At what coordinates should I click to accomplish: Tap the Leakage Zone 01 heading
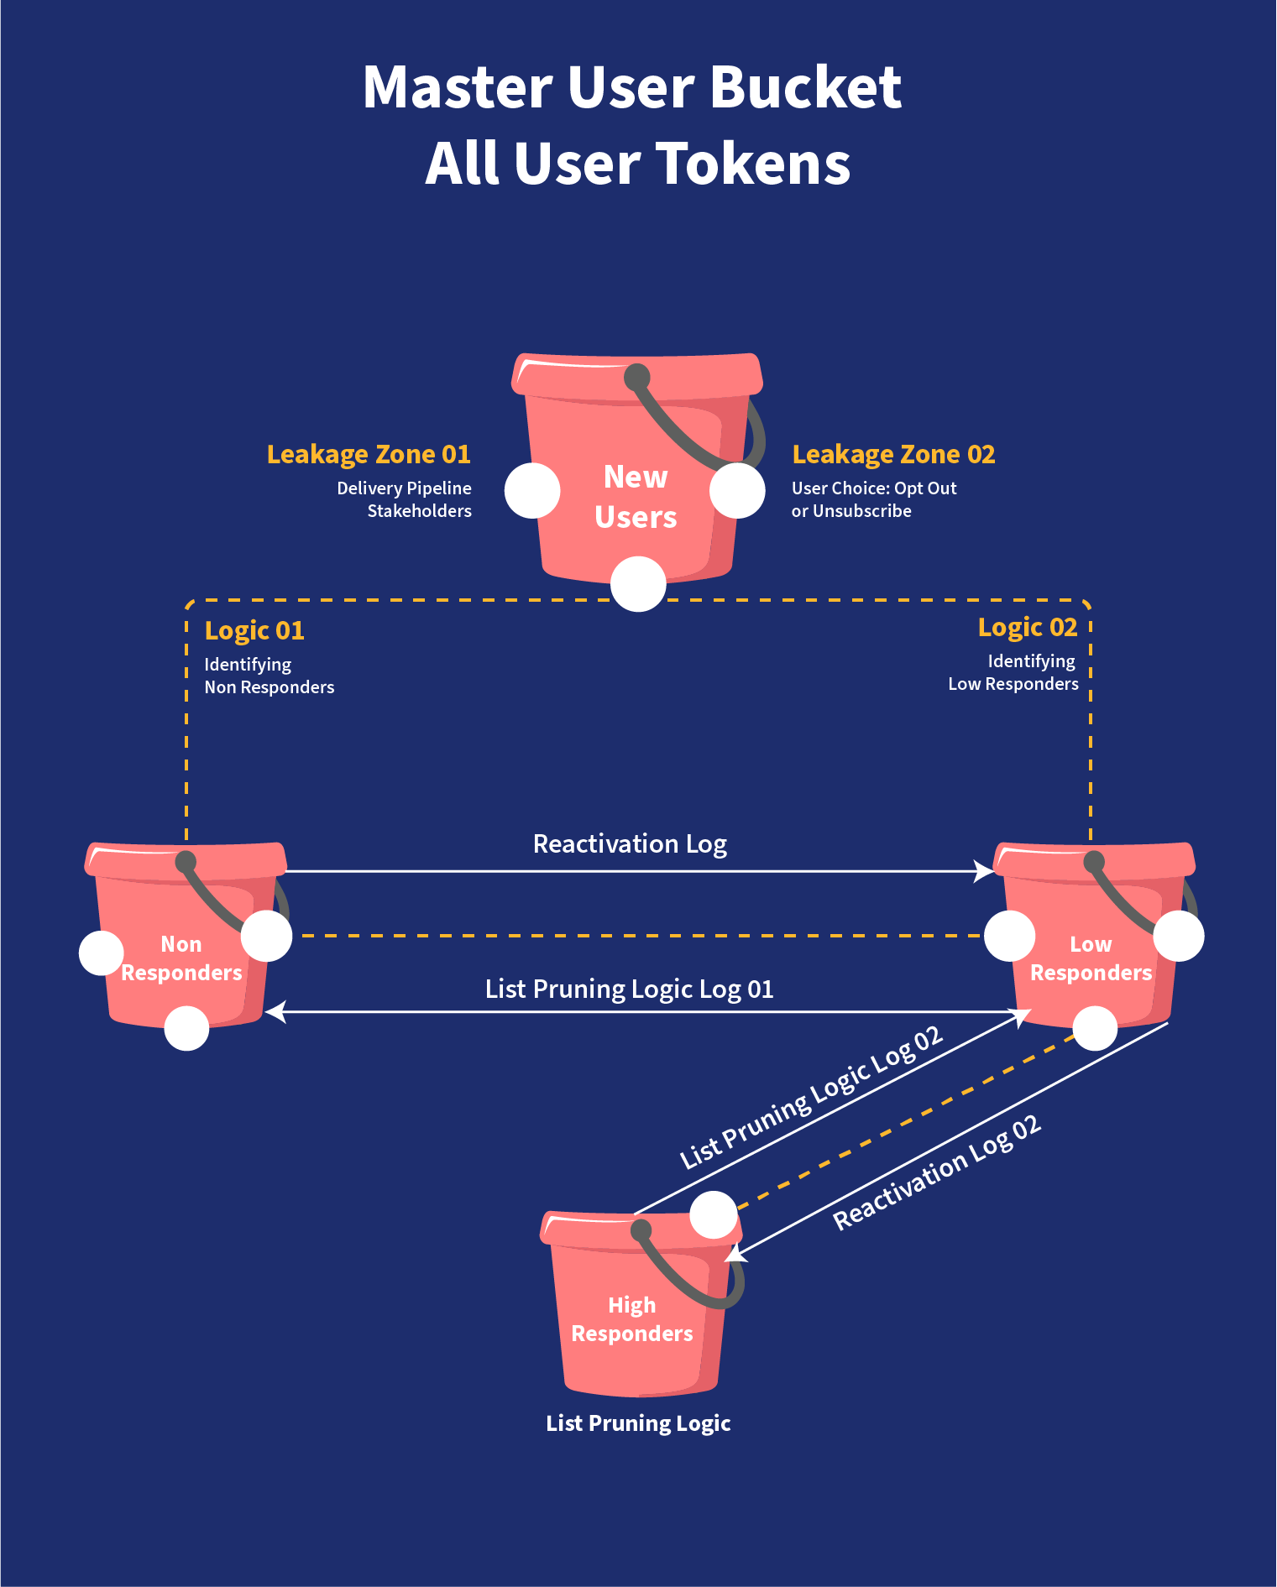[369, 454]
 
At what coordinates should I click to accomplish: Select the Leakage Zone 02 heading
[893, 454]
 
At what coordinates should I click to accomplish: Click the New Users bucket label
[636, 497]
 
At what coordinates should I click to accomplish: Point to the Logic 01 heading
[254, 630]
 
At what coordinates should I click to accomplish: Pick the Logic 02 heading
[1027, 627]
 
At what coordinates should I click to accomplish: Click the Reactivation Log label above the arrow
[630, 843]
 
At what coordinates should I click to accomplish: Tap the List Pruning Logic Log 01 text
[629, 989]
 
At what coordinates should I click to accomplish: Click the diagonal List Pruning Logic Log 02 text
[811, 1097]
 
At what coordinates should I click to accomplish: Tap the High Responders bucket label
[632, 1319]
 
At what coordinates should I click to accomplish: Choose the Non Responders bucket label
[181, 958]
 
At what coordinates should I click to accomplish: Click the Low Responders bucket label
[1091, 958]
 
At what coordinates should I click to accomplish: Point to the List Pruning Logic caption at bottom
[638, 1423]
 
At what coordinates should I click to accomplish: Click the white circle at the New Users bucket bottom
[638, 584]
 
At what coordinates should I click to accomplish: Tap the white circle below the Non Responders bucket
[186, 1028]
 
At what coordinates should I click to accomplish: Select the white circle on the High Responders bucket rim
[714, 1215]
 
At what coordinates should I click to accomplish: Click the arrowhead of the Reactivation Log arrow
[984, 871]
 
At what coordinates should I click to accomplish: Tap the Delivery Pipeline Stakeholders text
[405, 499]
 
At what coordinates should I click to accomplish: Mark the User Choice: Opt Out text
[873, 488]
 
